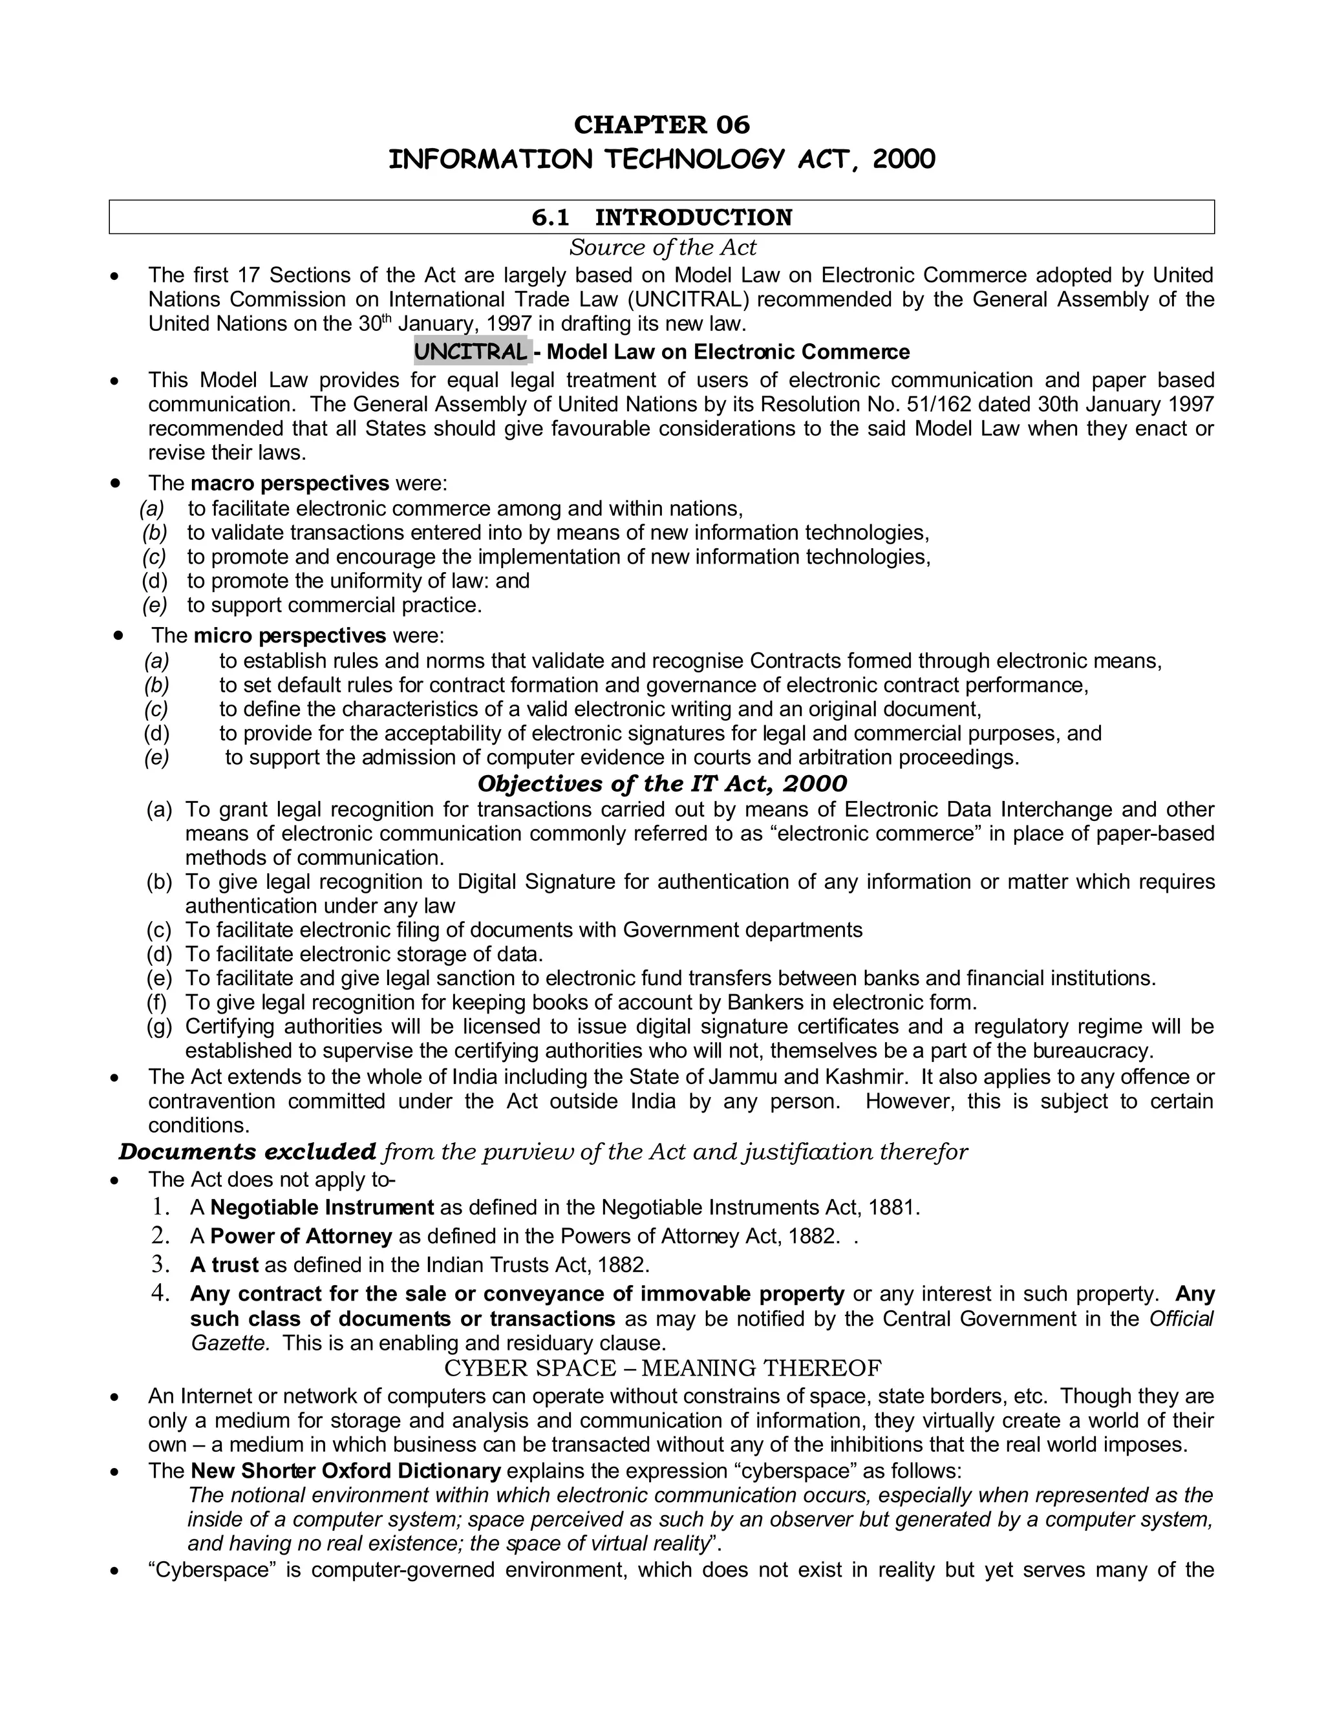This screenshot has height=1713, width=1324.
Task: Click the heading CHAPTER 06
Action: [661, 124]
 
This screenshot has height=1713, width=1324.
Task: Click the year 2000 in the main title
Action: [904, 159]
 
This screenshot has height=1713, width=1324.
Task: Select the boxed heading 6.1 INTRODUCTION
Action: [661, 217]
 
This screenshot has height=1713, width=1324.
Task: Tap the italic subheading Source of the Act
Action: [662, 247]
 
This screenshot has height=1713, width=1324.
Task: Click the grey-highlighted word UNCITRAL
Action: [471, 352]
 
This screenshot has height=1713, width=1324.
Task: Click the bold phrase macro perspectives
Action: [290, 482]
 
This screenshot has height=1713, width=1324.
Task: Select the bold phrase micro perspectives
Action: [290, 635]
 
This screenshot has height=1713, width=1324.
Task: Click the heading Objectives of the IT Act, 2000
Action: [662, 783]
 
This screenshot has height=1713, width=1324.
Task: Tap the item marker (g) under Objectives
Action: [159, 1026]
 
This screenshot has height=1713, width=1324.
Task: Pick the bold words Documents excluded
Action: [247, 1151]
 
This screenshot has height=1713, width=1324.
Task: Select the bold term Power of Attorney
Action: [301, 1236]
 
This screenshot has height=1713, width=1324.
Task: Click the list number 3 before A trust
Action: [160, 1264]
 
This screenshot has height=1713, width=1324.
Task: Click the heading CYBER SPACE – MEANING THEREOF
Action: [662, 1368]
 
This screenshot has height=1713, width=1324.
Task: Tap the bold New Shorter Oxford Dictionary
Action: [345, 1471]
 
